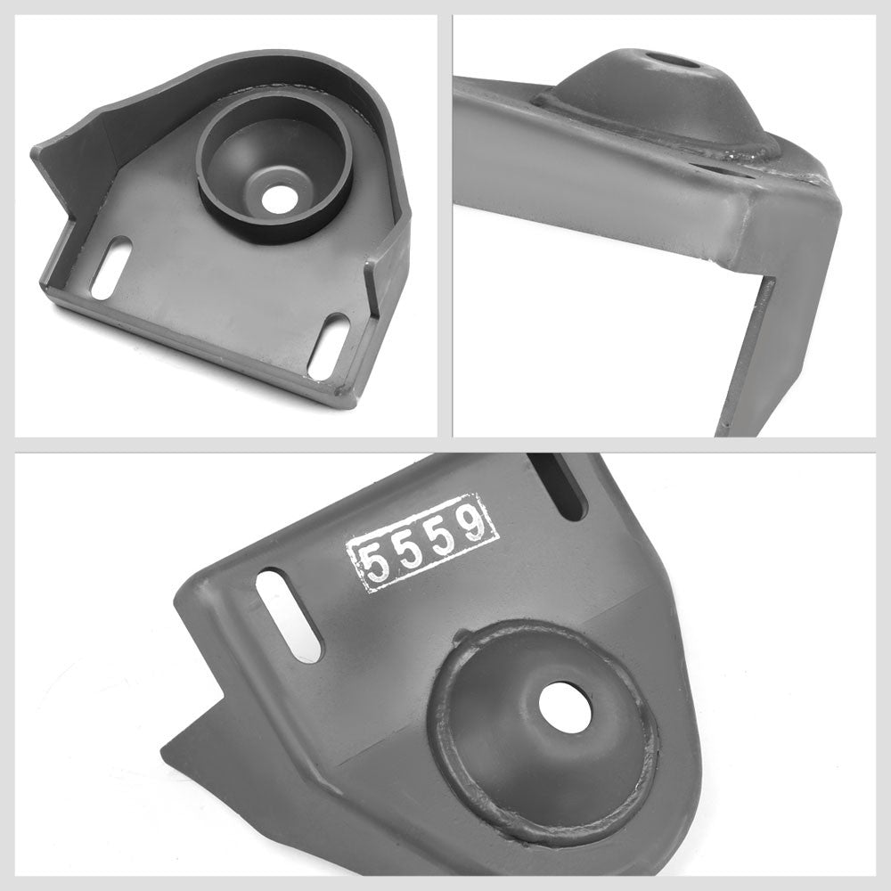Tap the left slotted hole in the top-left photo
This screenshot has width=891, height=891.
(111, 268)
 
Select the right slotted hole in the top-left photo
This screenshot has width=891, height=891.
(329, 346)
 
